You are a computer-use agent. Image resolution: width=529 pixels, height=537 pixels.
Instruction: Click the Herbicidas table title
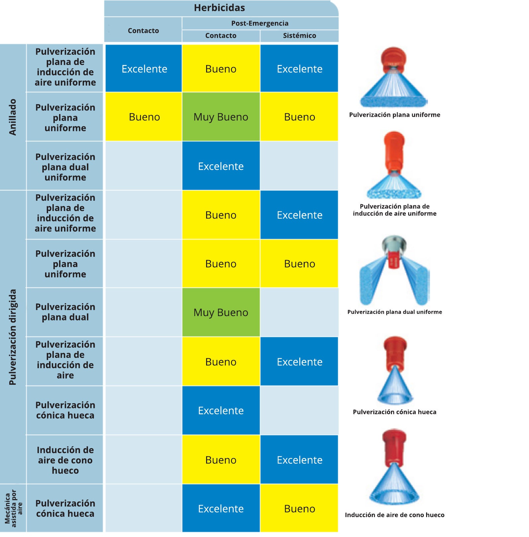[219, 8]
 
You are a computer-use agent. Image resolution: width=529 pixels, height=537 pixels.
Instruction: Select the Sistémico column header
[299, 35]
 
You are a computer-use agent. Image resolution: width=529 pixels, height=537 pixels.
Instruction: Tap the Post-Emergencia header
[260, 23]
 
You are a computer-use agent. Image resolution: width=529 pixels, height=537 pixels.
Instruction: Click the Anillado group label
[13, 117]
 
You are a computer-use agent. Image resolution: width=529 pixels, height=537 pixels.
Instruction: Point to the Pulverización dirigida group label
[13, 337]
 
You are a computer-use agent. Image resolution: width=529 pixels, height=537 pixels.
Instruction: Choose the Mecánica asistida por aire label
[13, 508]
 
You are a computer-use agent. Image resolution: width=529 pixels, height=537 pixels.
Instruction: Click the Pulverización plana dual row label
[65, 312]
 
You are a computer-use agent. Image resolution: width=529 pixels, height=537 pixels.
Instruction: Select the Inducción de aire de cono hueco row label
[65, 460]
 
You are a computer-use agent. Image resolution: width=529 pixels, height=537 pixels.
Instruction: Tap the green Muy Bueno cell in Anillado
[221, 117]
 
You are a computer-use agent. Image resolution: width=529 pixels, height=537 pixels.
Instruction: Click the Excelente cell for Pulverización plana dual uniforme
[221, 166]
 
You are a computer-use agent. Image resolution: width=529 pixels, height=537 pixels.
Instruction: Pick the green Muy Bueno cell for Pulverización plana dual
[221, 312]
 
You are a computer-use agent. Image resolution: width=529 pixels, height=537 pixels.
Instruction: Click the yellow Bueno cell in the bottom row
[299, 508]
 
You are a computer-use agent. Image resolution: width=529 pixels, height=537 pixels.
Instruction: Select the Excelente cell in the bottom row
[221, 508]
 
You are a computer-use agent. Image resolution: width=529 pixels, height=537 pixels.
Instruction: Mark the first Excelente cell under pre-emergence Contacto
[144, 69]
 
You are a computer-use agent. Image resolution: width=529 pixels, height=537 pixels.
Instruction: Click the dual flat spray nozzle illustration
[394, 270]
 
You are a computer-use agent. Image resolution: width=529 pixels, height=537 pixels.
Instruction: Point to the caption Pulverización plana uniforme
[395, 115]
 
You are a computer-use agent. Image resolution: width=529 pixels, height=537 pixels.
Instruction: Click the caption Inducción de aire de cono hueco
[395, 515]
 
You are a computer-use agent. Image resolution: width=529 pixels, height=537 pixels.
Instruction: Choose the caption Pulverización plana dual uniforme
[395, 312]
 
